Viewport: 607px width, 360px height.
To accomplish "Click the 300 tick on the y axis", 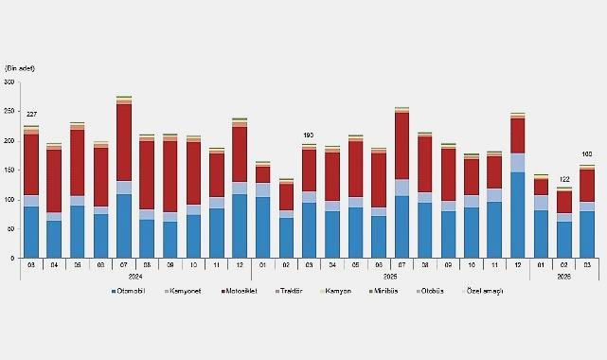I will pos(10,82).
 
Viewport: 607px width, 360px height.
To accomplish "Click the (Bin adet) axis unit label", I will pos(22,68).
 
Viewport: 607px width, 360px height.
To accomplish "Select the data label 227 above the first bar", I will pos(31,115).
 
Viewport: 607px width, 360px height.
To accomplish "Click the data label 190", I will pos(309,135).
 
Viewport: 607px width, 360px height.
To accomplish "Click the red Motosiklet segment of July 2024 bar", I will pos(124,142).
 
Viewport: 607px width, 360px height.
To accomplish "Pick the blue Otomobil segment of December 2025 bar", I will pos(517,214).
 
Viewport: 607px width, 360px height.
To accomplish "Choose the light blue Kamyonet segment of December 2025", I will pos(517,162).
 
